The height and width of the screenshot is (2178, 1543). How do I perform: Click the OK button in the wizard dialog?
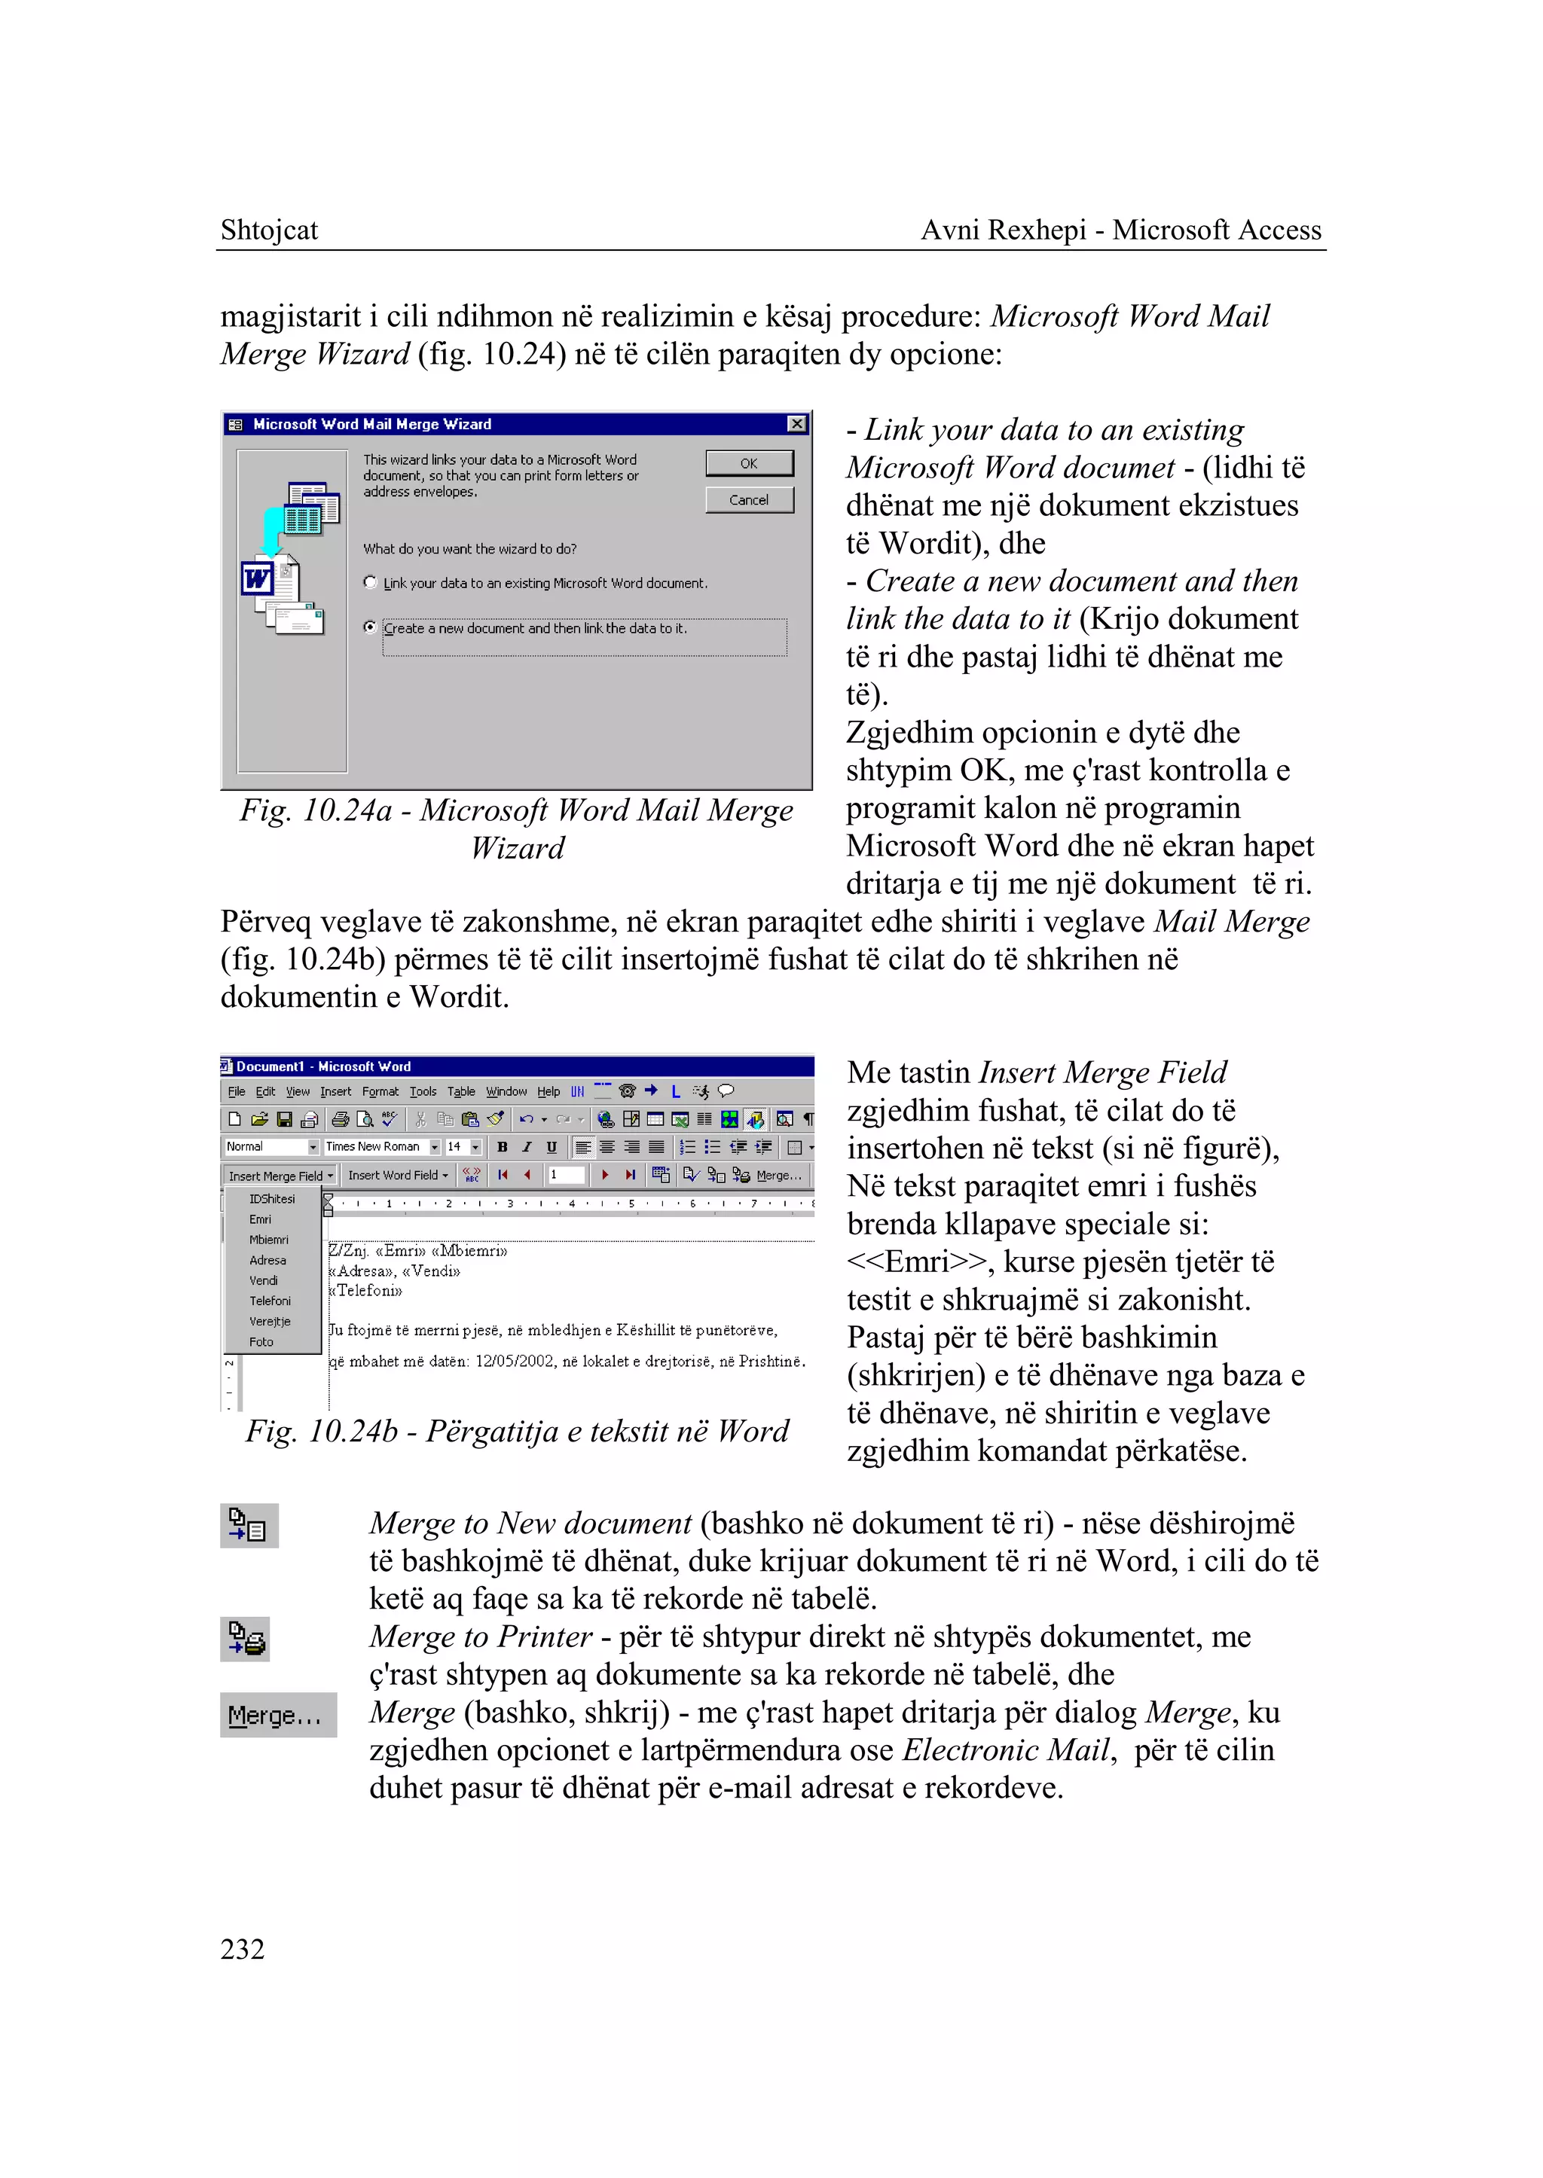(x=749, y=463)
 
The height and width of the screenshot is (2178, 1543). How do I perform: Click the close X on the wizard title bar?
(x=797, y=424)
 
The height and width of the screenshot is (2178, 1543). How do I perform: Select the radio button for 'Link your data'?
(x=371, y=582)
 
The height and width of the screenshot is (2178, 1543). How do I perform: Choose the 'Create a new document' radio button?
(x=371, y=627)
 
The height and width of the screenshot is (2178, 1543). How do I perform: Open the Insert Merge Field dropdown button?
(x=280, y=1176)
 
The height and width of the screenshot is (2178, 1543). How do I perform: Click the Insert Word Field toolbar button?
(x=397, y=1175)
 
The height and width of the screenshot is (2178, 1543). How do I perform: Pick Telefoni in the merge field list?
(x=270, y=1301)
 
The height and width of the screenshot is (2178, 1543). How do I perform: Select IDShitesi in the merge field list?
(x=272, y=1200)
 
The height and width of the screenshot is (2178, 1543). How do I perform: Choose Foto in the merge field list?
(x=261, y=1342)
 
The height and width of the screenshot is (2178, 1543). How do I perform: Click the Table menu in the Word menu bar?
(x=461, y=1092)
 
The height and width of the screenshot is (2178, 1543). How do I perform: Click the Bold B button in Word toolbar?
(x=503, y=1148)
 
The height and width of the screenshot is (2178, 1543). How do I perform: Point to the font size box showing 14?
(x=455, y=1148)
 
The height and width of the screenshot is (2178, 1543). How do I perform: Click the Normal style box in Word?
(x=265, y=1148)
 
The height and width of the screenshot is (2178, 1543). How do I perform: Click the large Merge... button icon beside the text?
(x=277, y=1716)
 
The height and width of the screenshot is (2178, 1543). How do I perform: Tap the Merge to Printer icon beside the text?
(x=245, y=1640)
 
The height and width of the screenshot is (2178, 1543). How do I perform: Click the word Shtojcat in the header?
(x=269, y=230)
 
